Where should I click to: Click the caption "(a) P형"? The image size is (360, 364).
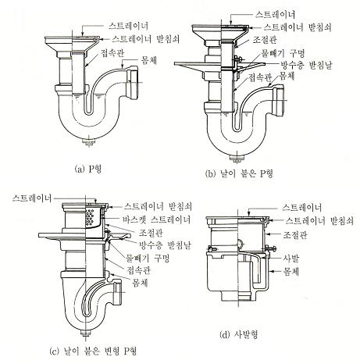pos(87,170)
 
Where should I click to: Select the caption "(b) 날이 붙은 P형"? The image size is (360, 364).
pos(239,173)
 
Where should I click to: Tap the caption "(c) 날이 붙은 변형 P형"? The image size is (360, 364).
pos(93,352)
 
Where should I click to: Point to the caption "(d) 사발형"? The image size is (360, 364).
pos(239,334)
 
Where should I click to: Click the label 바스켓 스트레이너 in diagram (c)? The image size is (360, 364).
pos(157,219)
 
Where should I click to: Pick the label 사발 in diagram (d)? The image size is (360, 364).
pos(291,258)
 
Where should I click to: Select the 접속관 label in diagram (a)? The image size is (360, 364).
pos(112,53)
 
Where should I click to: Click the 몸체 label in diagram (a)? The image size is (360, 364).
pos(149,60)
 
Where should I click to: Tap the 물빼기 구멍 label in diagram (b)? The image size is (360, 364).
pos(283,53)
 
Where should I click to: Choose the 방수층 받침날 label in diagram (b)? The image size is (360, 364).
pos(306,65)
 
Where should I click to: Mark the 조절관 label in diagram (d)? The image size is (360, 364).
pos(295,235)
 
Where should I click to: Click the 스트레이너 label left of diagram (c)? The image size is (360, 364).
pos(32,198)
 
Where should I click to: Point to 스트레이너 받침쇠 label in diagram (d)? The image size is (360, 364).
pos(319,221)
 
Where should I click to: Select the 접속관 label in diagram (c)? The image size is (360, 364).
pos(138,270)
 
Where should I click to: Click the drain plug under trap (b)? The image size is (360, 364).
pos(237,159)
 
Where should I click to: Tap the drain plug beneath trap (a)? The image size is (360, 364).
pos(89,143)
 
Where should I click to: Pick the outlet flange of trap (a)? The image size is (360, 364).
pos(133,84)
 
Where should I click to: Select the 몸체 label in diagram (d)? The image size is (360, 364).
pos(291,272)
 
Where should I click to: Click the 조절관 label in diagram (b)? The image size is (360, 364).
pos(265,40)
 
